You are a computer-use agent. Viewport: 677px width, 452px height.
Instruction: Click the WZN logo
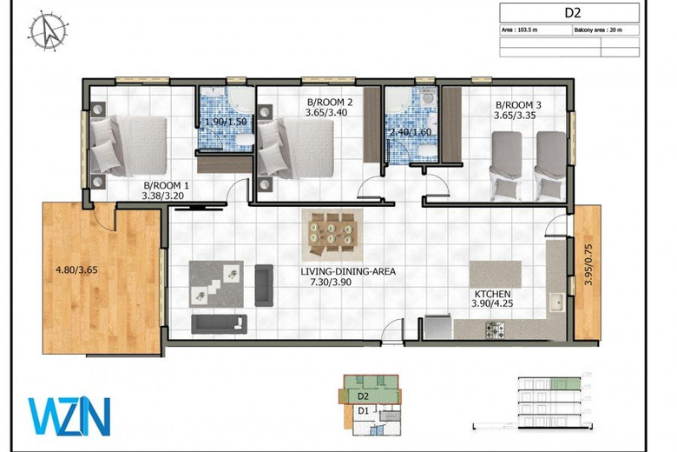69,415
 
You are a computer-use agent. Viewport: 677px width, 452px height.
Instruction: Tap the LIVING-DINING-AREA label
347,271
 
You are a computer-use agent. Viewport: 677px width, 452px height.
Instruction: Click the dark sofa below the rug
220,324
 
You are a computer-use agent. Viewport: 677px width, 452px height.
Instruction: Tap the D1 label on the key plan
365,410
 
